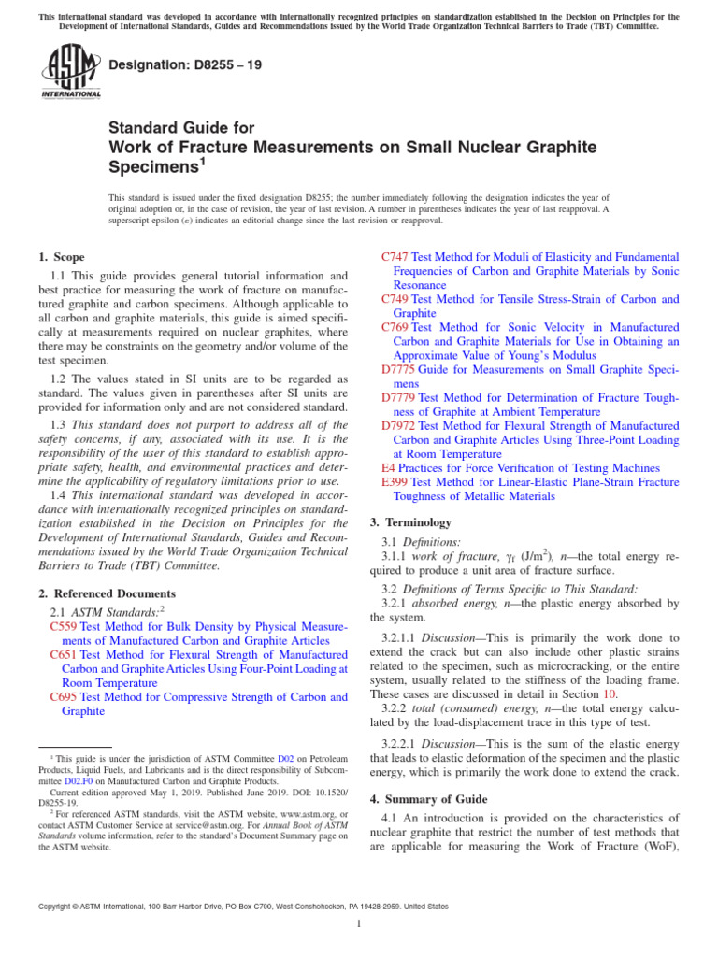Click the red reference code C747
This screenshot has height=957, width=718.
[396, 256]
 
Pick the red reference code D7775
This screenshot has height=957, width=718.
[399, 369]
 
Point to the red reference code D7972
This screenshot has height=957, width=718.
[399, 425]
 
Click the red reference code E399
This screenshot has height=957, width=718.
[395, 482]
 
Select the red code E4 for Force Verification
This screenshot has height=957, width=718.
[388, 467]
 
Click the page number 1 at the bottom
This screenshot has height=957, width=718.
[359, 924]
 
